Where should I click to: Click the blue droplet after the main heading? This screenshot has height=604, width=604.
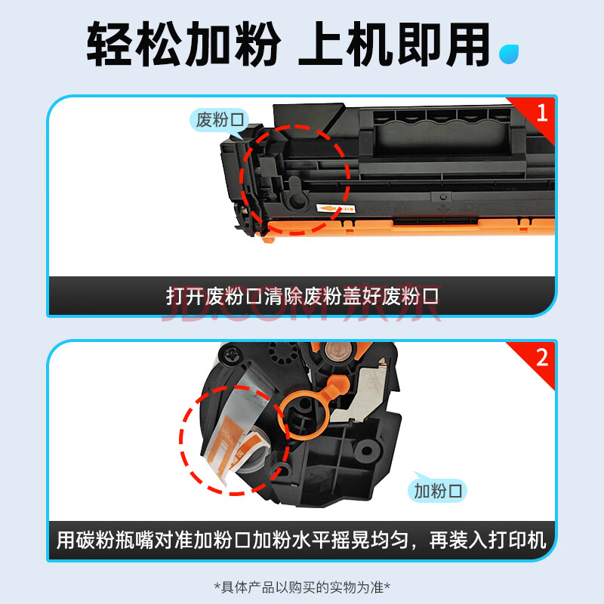509,54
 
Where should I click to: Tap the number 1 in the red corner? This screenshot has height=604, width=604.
542,112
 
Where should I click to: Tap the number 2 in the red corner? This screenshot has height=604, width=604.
542,358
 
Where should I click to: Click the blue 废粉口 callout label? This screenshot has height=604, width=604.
220,120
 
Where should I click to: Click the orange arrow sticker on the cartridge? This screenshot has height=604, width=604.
335,209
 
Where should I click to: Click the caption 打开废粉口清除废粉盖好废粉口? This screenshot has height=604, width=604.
302,296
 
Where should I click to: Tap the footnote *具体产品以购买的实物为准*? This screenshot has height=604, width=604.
302,587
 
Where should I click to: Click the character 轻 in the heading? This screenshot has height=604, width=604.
110,44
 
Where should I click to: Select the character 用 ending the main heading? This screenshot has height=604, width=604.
467,44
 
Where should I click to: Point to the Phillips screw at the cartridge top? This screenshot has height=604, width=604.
230,353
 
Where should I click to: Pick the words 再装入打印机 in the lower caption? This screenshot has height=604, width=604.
488,540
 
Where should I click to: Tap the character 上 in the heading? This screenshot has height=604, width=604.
320,44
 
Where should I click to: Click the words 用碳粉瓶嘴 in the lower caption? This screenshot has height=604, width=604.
105,540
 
